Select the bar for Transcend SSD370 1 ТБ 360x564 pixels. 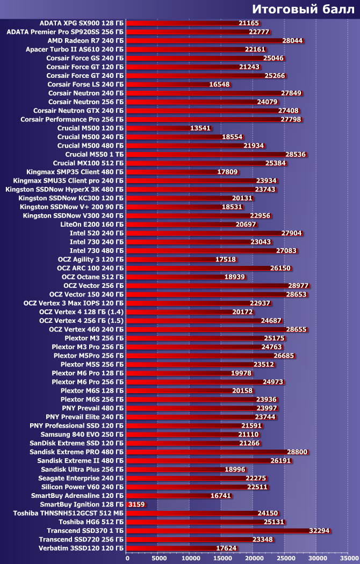pyautogui.click(x=215, y=531)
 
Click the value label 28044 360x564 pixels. pyautogui.click(x=293, y=40)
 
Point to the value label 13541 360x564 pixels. pyautogui.click(x=200, y=128)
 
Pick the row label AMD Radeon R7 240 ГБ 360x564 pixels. pyautogui.click(x=85, y=40)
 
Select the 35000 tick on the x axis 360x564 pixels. pyautogui.click(x=348, y=558)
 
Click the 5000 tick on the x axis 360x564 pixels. pyautogui.click(x=157, y=558)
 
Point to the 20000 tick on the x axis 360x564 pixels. pyautogui.click(x=253, y=558)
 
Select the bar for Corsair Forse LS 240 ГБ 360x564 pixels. pyautogui.click(x=167, y=84)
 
